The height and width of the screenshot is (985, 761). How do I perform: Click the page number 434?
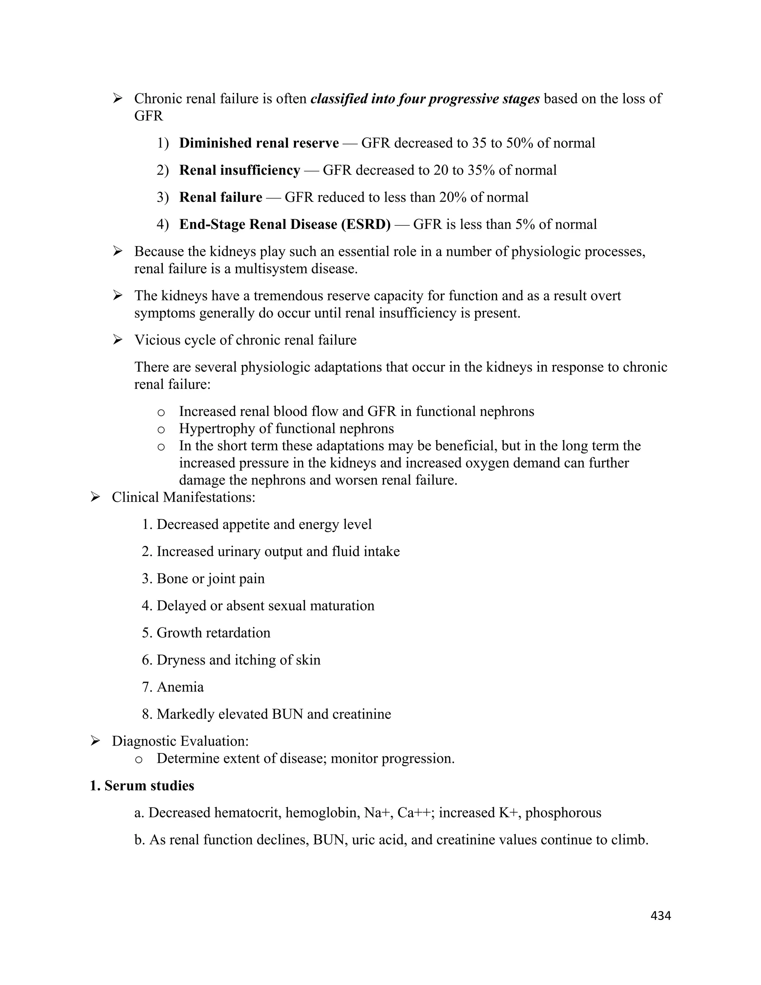(x=661, y=915)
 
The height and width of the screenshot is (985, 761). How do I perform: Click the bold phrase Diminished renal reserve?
(x=259, y=143)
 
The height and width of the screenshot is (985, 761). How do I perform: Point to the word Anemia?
(x=180, y=687)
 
